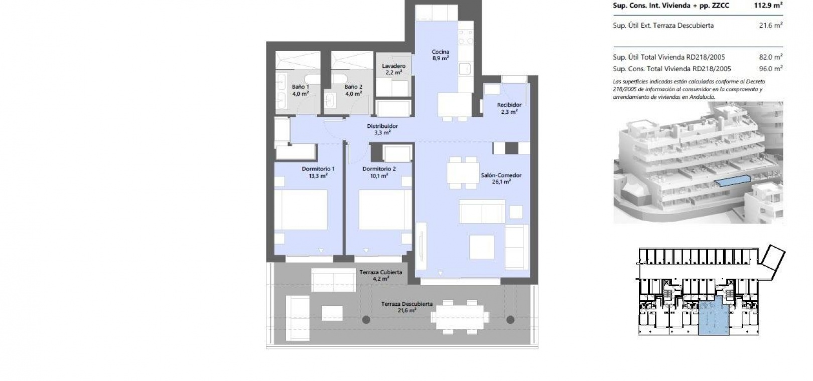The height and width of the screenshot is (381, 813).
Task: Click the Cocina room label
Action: tap(440, 55)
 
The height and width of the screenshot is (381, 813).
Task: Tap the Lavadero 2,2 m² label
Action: tap(394, 69)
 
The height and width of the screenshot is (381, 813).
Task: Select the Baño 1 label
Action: tap(301, 90)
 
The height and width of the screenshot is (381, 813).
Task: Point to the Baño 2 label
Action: tap(353, 90)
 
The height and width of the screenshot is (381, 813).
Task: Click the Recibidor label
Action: tap(509, 108)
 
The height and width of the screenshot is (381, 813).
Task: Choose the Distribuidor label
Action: tap(382, 129)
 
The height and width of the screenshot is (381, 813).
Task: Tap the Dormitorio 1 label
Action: tap(318, 172)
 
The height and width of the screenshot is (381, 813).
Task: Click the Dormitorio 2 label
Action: tap(379, 172)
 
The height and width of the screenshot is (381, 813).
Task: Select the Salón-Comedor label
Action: tap(501, 178)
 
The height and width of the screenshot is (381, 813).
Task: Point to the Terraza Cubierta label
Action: tap(381, 276)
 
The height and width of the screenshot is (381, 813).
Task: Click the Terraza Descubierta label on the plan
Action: tap(407, 307)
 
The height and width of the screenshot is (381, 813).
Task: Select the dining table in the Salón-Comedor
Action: tap(463, 172)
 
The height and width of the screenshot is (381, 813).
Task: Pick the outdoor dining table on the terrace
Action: tap(460, 317)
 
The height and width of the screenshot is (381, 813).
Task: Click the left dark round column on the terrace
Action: tap(366, 320)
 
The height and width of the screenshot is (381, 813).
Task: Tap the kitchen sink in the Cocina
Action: tap(465, 69)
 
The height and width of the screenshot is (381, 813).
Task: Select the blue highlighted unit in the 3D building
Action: tap(732, 180)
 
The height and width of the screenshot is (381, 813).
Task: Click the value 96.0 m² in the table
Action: tap(770, 69)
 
